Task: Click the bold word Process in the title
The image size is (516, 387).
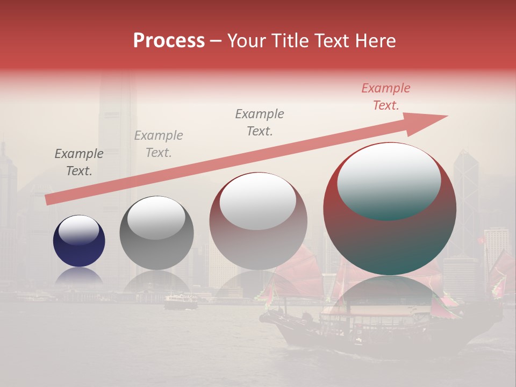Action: tap(169, 40)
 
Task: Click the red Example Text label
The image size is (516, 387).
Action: tap(385, 97)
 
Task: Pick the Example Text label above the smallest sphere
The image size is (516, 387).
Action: tap(79, 162)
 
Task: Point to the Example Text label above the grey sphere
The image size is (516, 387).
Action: tap(159, 144)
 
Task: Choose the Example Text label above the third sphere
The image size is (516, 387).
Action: tap(260, 122)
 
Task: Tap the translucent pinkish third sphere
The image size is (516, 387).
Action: tap(258, 236)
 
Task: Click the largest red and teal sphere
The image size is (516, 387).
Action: tap(389, 236)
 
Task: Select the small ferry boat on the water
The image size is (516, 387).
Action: tap(181, 303)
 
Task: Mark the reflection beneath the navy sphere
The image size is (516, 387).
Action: tap(79, 275)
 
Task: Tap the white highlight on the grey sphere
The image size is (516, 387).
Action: tap(156, 218)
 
